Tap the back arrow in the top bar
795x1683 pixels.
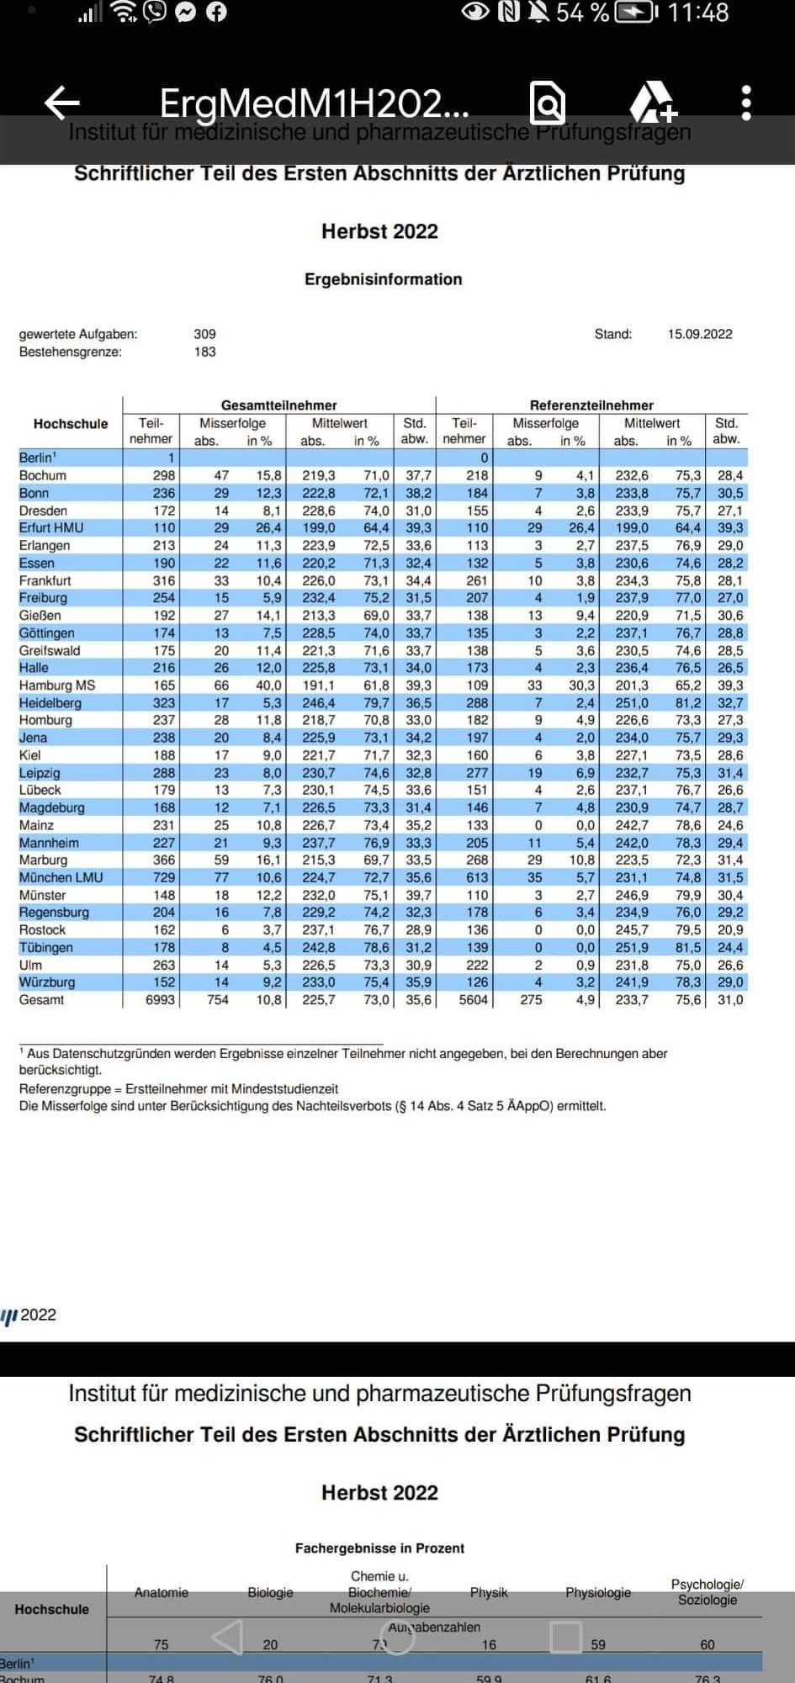[x=62, y=103]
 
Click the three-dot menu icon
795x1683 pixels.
[x=745, y=103]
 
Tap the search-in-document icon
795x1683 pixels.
[x=548, y=103]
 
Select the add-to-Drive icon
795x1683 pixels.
[x=653, y=103]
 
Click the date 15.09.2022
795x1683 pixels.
[x=700, y=334]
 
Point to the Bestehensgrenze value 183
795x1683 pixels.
[x=204, y=352]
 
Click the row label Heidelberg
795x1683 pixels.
[x=50, y=702]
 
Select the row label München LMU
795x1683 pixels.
[x=61, y=877]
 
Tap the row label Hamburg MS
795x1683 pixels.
[x=57, y=685]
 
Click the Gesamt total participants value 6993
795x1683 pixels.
[x=160, y=1000]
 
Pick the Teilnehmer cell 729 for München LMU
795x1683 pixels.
[x=164, y=877]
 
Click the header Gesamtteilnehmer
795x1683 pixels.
[x=278, y=405]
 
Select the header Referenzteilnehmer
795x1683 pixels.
[x=591, y=405]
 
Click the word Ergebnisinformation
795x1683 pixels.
[x=383, y=279]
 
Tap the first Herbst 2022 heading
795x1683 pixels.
[x=379, y=231]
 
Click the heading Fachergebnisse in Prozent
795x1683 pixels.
[x=379, y=1548]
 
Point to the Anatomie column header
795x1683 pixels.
[x=162, y=1592]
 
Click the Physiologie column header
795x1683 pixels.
[x=598, y=1592]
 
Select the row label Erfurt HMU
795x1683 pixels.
[x=51, y=527]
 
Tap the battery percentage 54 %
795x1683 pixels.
[x=582, y=13]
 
